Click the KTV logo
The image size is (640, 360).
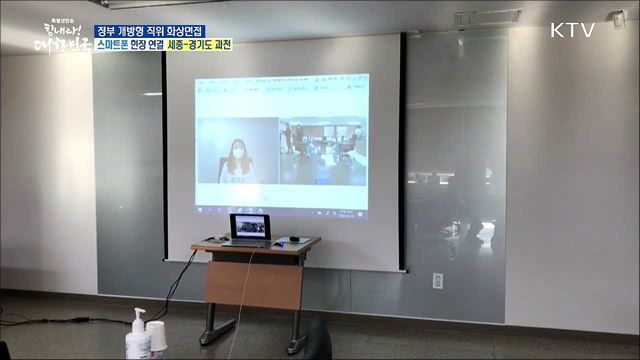click(572, 30)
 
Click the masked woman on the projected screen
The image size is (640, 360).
click(238, 157)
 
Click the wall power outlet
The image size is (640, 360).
click(437, 281)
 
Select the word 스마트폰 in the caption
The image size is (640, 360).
click(120, 46)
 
